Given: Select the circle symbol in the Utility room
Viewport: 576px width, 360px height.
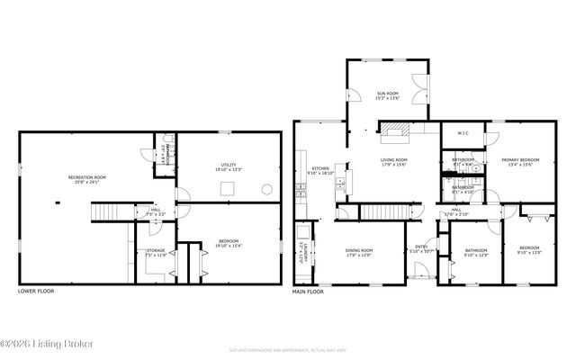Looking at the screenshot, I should click(x=266, y=189).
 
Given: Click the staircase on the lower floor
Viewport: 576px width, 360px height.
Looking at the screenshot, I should click(x=106, y=212).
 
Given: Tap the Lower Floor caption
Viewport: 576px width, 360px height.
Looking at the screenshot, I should click(x=36, y=292).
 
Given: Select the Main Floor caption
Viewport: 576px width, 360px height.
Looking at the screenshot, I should click(x=309, y=292).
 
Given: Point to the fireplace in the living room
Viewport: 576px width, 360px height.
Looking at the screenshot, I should click(x=393, y=136).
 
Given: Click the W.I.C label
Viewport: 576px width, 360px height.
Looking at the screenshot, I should click(x=463, y=134).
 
